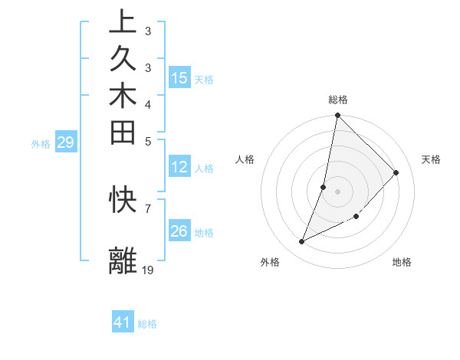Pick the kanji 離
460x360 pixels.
123,260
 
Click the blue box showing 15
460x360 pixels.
179,77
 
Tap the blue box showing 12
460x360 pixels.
179,166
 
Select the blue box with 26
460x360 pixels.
179,231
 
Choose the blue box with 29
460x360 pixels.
65,142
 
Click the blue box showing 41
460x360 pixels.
123,322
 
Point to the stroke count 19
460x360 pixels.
148,270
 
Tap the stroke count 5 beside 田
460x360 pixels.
147,141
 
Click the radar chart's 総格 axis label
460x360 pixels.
338,100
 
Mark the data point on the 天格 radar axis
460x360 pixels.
396,172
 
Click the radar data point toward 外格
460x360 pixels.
302,242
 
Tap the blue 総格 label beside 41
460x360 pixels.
147,324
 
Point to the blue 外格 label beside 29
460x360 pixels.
41,143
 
